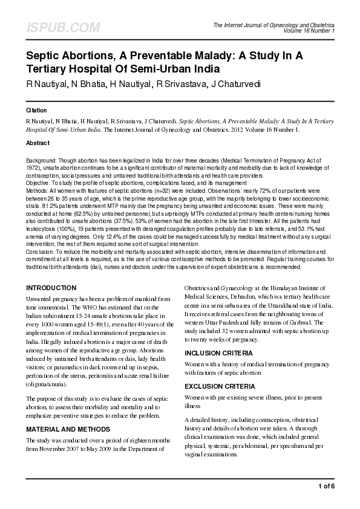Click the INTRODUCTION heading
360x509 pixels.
(52, 288)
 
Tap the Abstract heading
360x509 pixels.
(38, 143)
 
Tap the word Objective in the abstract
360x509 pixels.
(38, 181)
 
